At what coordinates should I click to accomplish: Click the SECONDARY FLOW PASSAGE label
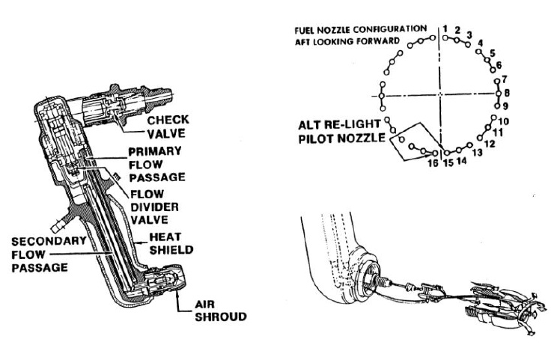[47, 254]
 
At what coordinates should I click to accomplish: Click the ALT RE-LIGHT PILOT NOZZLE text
[340, 131]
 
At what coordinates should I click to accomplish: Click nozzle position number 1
[445, 28]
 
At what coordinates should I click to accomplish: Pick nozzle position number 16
[432, 162]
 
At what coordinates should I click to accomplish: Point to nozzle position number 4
[480, 43]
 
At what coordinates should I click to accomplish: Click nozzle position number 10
[503, 120]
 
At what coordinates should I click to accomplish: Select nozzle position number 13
[477, 153]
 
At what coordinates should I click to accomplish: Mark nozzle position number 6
[499, 64]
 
